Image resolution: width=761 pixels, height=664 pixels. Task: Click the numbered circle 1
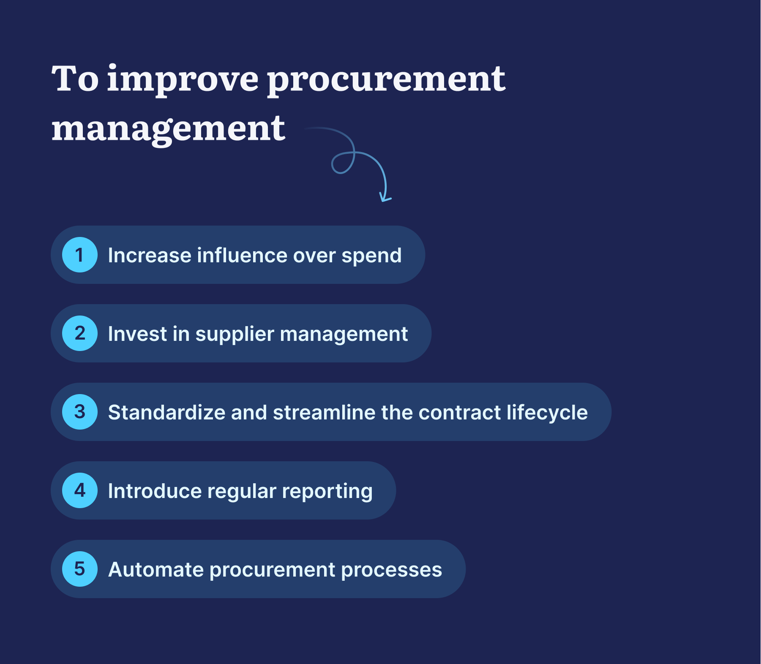80,255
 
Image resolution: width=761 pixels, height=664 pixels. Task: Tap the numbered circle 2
80,333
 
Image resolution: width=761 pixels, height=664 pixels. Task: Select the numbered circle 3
80,412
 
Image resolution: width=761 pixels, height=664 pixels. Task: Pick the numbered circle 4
80,490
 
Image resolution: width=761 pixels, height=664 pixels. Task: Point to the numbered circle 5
80,569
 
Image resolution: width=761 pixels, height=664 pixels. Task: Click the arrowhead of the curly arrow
385,198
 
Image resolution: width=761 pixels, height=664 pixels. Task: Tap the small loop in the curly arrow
342,163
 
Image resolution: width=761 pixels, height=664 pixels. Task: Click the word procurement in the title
386,80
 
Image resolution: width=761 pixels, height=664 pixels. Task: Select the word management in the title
168,129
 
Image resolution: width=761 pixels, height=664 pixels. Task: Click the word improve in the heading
183,80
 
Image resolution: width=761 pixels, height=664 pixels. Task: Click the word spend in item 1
371,256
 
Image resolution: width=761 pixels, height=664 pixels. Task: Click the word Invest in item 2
137,334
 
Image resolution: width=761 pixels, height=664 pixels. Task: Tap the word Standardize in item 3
166,413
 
